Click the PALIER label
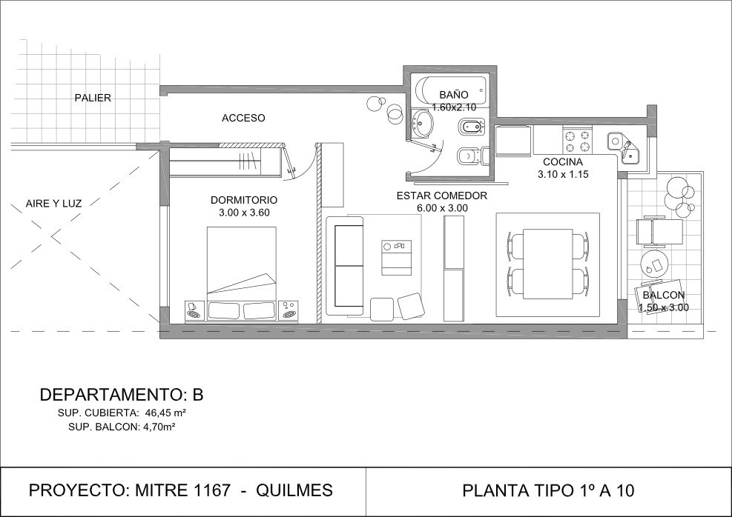click(x=93, y=98)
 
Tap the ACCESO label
click(x=243, y=119)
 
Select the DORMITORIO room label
click(x=244, y=200)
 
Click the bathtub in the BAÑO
click(x=450, y=91)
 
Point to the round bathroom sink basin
click(x=423, y=124)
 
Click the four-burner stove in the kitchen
click(x=578, y=141)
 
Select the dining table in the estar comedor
click(x=547, y=264)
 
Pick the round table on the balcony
click(x=655, y=264)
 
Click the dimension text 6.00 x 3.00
click(x=442, y=208)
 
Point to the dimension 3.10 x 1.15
click(x=563, y=174)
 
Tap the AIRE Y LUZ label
click(x=53, y=204)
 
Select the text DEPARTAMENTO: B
click(x=122, y=395)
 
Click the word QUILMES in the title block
click(x=294, y=490)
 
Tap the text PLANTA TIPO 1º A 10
click(x=548, y=490)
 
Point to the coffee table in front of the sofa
click(x=397, y=257)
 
